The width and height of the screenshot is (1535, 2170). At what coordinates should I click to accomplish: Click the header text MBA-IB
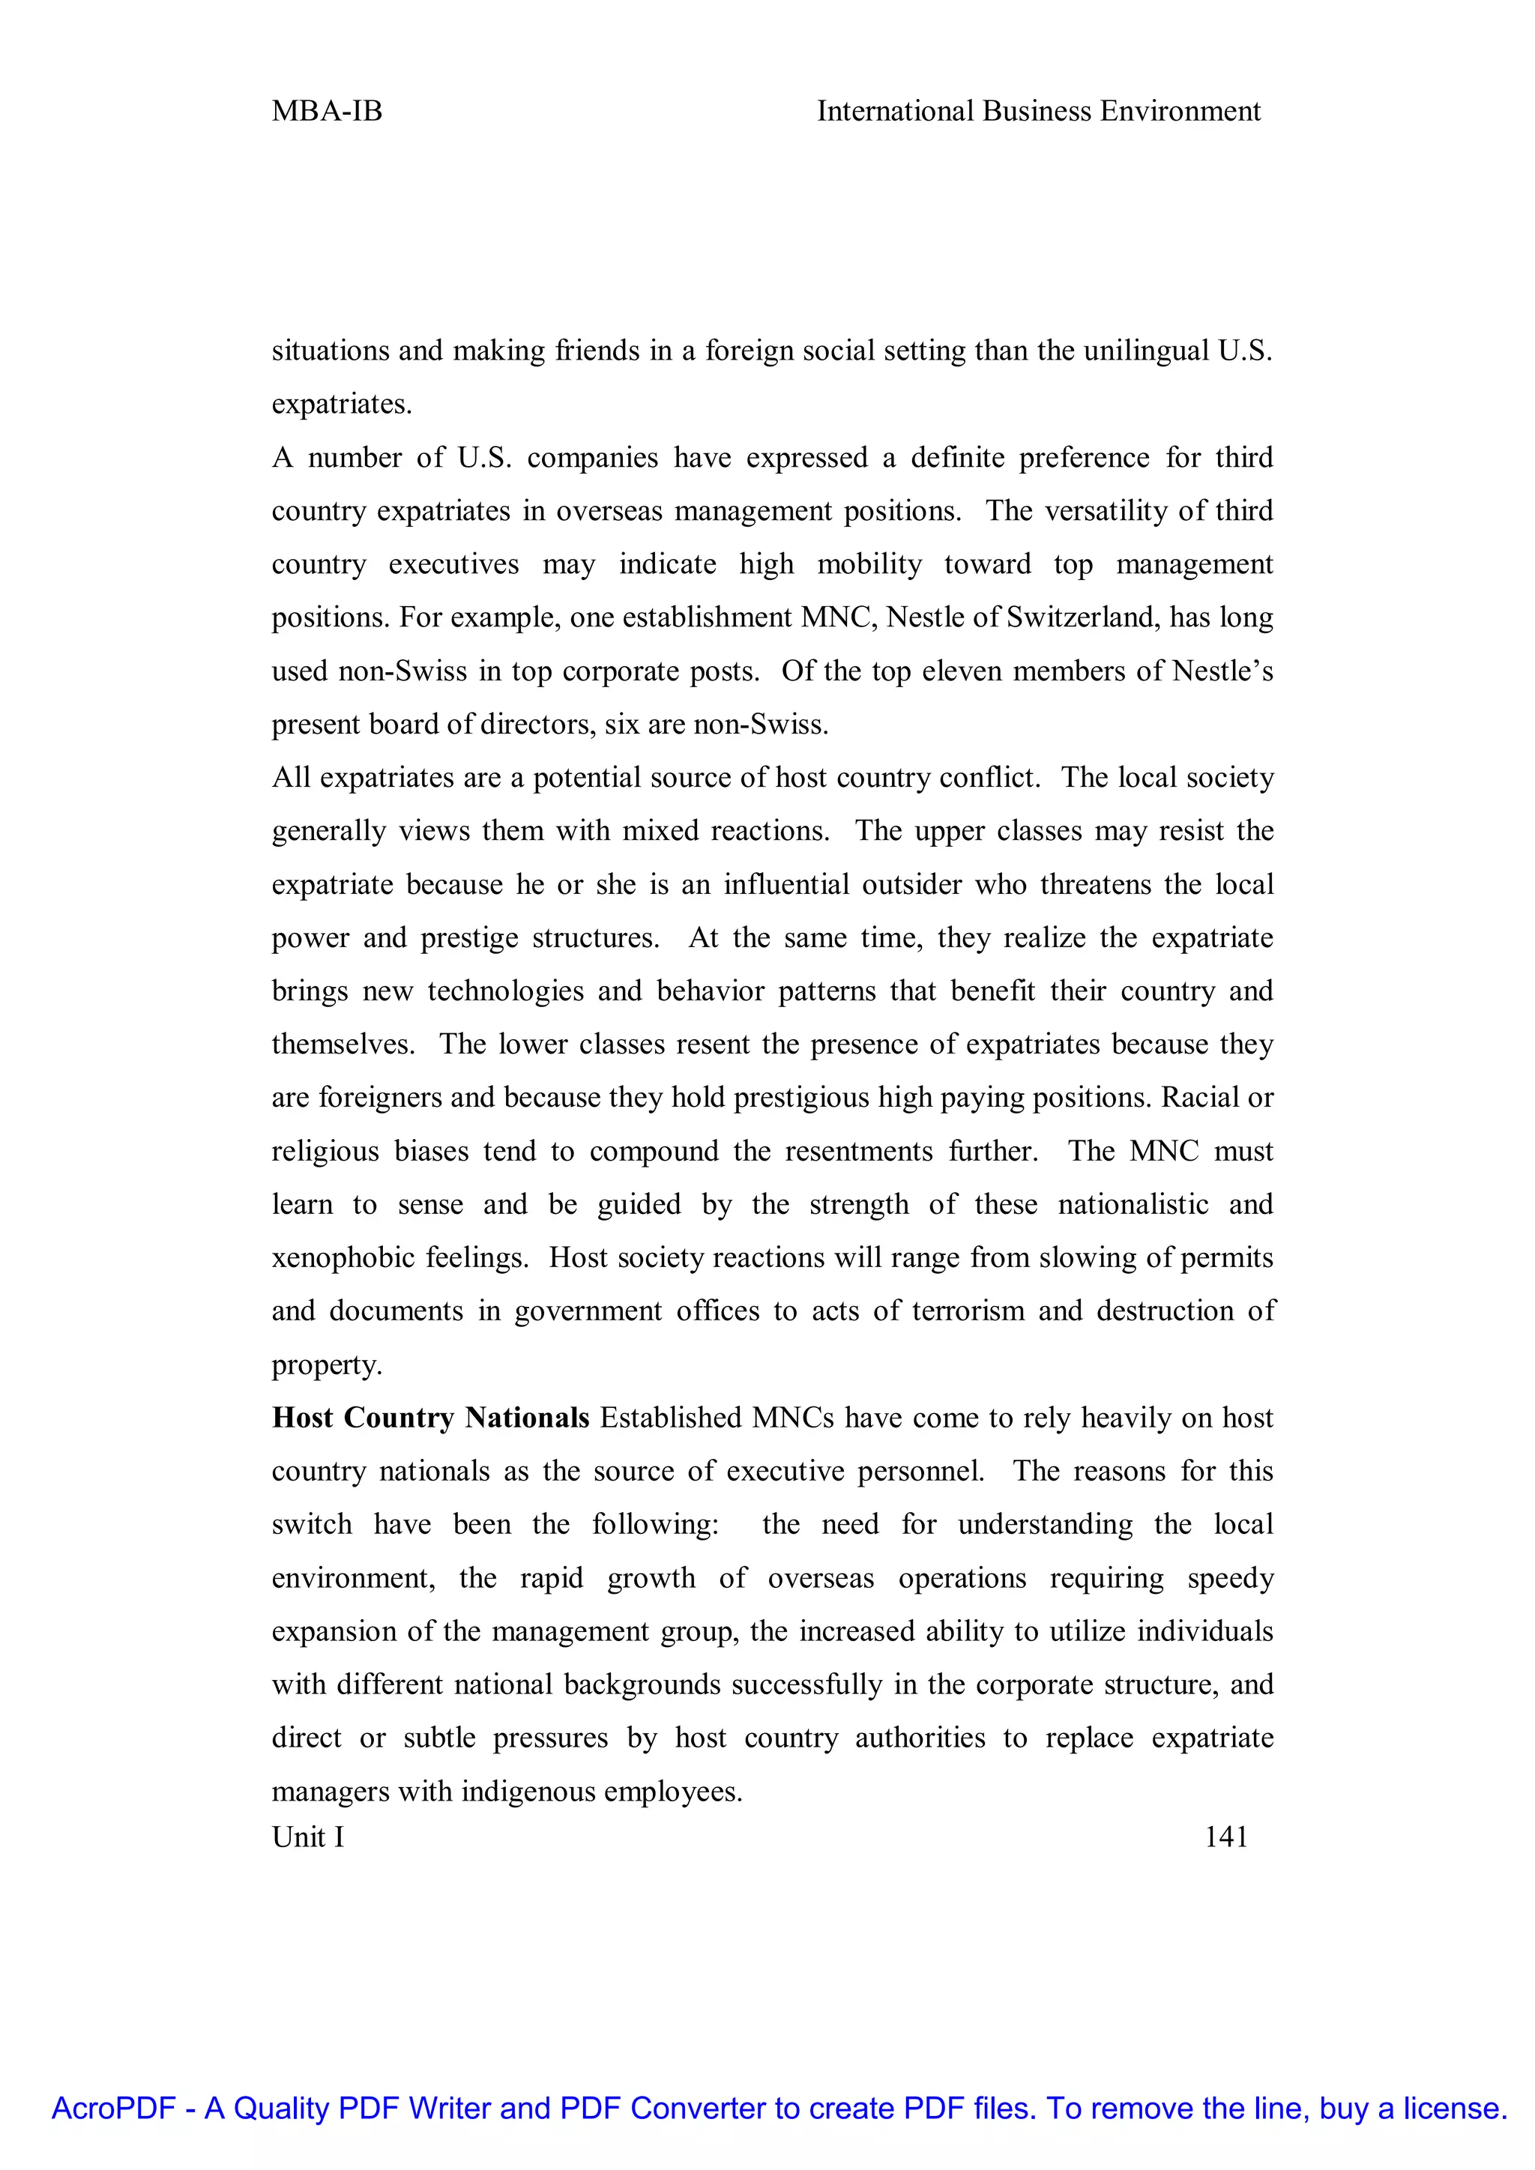click(326, 112)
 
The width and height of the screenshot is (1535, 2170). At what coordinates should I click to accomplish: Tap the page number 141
click(1226, 1837)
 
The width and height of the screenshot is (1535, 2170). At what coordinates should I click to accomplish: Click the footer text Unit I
click(307, 1837)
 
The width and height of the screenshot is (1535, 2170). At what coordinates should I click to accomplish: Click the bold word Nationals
click(528, 1418)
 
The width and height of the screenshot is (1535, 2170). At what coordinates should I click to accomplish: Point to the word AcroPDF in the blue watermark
click(113, 2109)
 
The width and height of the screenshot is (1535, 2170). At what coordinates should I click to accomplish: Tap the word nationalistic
click(1133, 1204)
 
